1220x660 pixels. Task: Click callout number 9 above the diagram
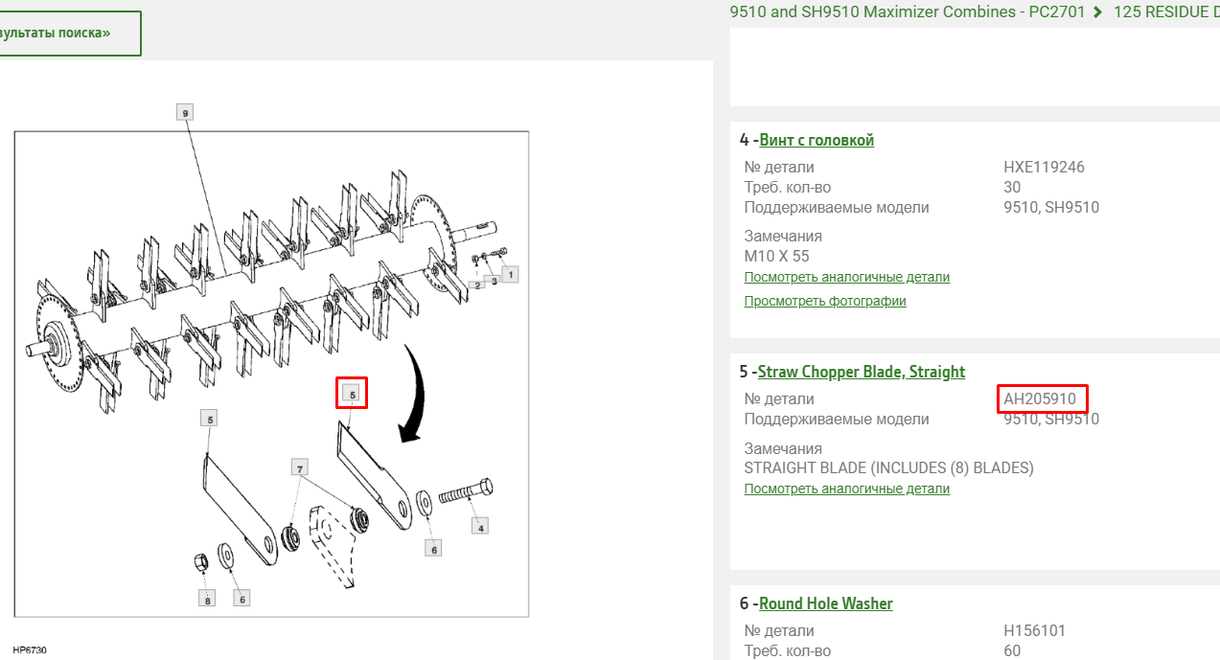click(185, 113)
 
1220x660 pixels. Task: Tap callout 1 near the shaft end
click(511, 275)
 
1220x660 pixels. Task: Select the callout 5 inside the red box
click(352, 394)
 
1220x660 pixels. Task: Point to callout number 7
click(300, 467)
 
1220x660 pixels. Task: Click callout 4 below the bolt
click(480, 527)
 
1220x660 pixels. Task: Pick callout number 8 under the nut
click(207, 599)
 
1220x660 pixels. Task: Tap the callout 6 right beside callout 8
click(242, 599)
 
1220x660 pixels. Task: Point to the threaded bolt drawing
click(466, 491)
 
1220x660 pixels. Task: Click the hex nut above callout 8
click(201, 562)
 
